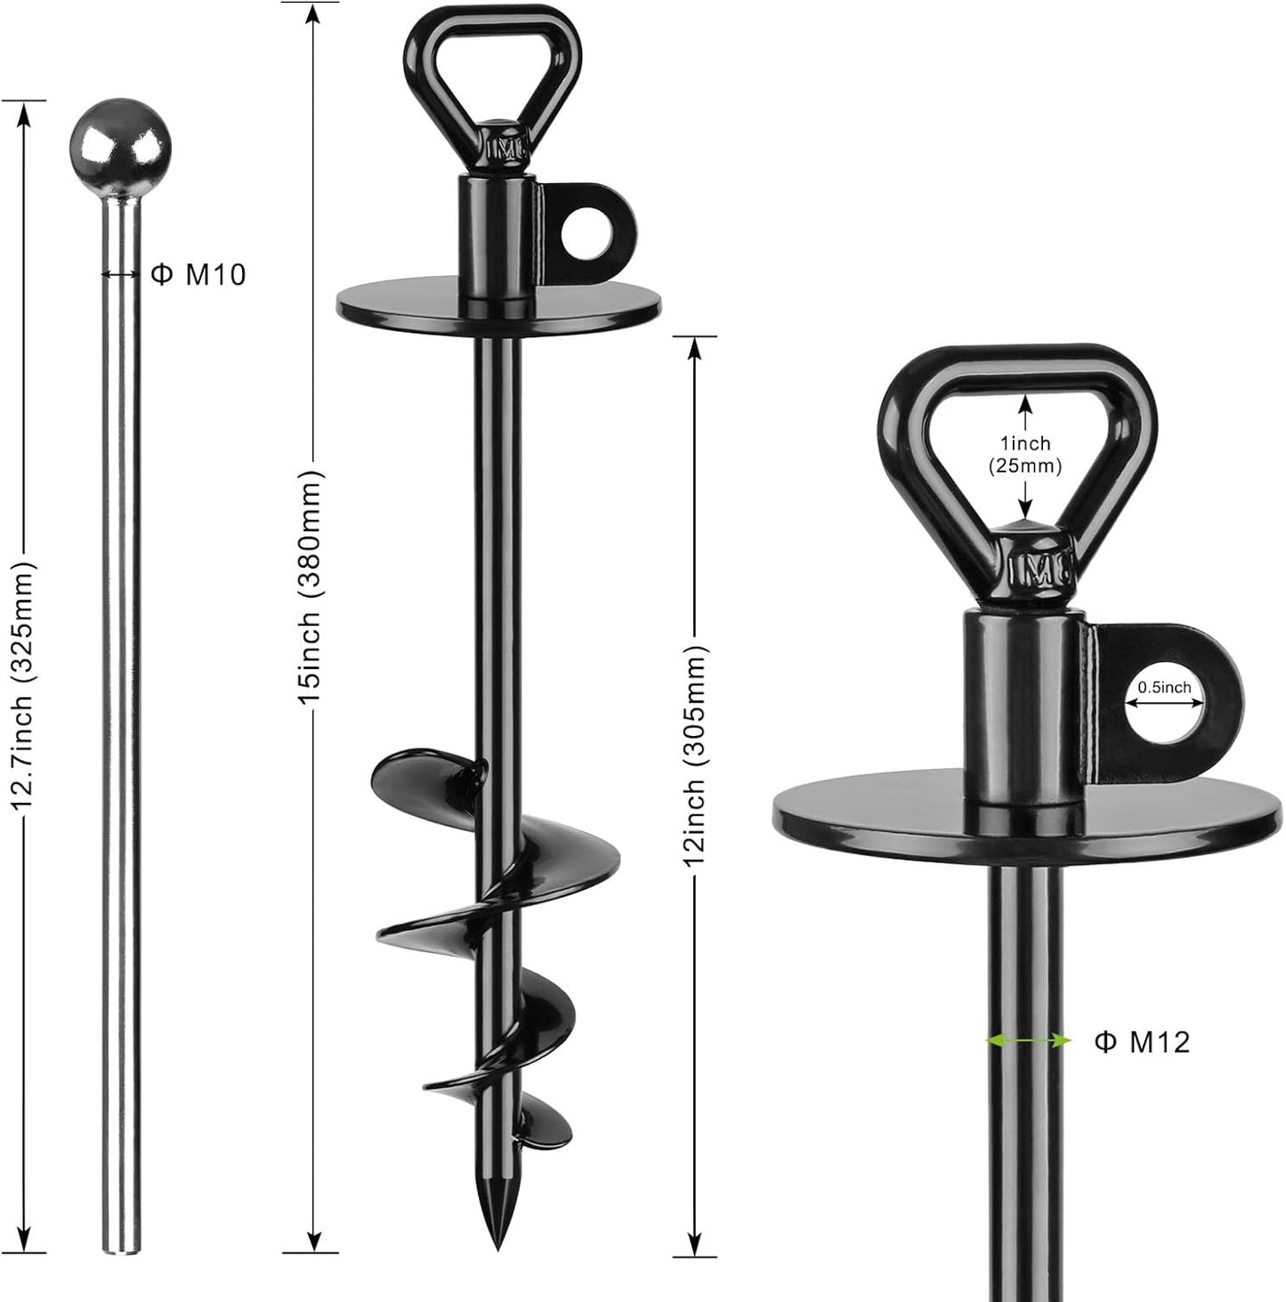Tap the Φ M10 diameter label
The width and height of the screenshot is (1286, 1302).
198,275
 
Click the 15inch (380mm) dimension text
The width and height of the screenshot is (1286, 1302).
311,587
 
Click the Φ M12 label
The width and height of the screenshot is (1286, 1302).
1141,1042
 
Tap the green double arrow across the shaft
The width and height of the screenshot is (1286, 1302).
1028,1040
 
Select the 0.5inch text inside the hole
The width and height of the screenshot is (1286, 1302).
1164,687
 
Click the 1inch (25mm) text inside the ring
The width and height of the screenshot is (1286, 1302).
1025,454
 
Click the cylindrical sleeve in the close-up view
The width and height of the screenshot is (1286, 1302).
1023,703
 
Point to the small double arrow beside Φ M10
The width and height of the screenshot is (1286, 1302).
119,274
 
